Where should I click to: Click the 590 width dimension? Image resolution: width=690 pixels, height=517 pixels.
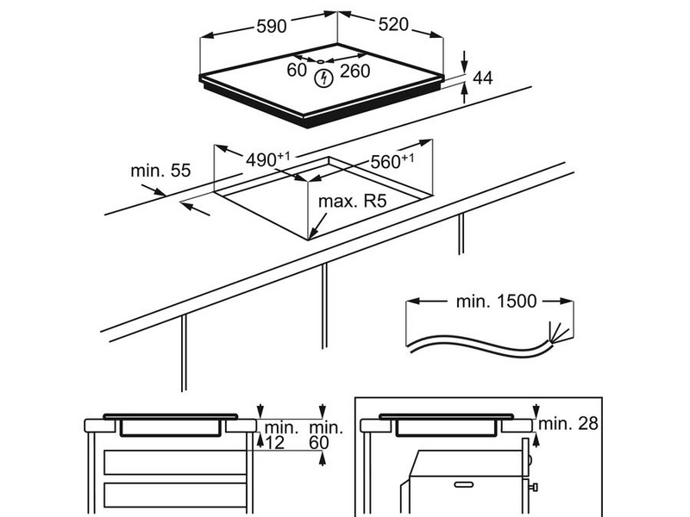tap(272, 26)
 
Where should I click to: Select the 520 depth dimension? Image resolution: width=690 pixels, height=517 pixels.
tap(393, 25)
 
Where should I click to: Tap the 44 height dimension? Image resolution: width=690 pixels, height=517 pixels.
tap(483, 78)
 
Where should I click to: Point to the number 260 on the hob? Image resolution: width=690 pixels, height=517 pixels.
tap(354, 71)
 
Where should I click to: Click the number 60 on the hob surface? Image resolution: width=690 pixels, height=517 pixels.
tap(297, 70)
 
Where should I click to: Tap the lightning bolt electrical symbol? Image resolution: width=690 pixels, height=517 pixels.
tap(324, 78)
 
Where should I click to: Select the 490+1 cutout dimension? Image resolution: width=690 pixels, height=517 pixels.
tap(267, 159)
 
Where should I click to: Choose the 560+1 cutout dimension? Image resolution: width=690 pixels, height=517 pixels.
tap(392, 161)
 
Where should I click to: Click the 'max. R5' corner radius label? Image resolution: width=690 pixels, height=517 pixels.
tap(352, 202)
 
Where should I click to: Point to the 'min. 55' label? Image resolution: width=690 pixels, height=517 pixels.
tap(160, 171)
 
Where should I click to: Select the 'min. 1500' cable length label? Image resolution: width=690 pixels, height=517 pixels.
tap(496, 302)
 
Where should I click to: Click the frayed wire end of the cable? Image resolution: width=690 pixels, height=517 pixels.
tap(557, 333)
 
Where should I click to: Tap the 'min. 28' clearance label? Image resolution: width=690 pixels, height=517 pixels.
tap(568, 423)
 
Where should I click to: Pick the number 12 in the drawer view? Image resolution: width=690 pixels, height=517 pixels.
tap(275, 443)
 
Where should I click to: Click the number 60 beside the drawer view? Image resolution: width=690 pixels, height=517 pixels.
tap(319, 443)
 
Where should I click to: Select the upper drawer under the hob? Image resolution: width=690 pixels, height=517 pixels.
tap(175, 463)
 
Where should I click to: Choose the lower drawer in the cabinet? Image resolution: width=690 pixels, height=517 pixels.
tap(175, 495)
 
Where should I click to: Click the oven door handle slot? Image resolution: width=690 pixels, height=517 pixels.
tap(463, 484)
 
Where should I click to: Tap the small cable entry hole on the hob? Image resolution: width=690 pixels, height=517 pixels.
tap(320, 61)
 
